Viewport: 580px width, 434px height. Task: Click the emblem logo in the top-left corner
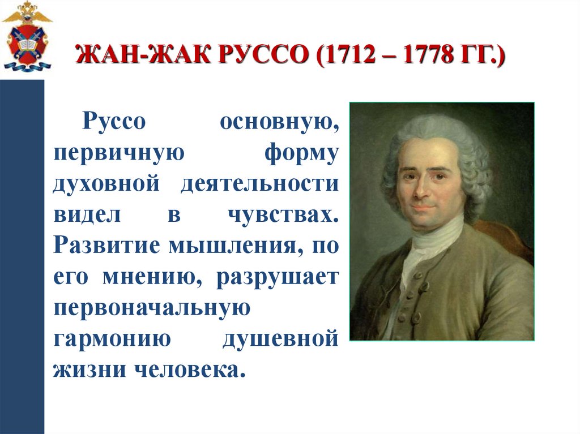(26, 37)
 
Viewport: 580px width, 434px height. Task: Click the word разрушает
(277, 278)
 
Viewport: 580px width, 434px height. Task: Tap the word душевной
(280, 340)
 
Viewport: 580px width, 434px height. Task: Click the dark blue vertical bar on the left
(22, 255)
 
